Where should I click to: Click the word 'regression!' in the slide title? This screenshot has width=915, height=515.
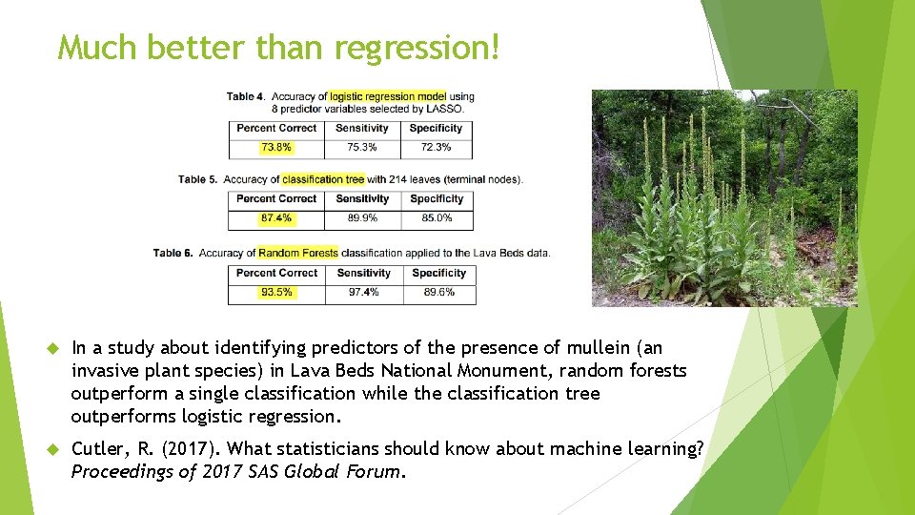coord(417,47)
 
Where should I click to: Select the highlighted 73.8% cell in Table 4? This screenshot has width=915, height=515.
coord(276,148)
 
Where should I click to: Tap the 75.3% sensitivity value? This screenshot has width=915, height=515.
coord(362,148)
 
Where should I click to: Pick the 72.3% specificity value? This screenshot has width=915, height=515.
coord(436,148)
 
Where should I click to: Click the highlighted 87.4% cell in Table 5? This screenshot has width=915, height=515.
coord(276,218)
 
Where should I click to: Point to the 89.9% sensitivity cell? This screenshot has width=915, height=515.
coord(362,218)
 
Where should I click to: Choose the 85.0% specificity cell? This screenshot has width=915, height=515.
coord(437,218)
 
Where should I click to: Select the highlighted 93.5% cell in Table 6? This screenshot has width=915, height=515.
coord(276,293)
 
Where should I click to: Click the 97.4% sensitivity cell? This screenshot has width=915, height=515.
coord(364,293)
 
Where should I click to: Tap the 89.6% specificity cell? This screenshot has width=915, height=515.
coord(439,293)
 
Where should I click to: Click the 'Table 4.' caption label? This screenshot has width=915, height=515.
coord(246,96)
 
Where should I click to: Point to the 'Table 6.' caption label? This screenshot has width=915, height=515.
coord(173,254)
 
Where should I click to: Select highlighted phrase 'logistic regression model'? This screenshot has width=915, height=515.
coord(387,96)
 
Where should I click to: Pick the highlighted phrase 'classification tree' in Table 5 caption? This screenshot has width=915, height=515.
coord(323,179)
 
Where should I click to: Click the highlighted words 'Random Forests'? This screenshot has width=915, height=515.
coord(298,254)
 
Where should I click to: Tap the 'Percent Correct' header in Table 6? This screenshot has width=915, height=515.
coord(276,273)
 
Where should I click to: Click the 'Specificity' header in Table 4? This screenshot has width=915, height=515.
coord(436,128)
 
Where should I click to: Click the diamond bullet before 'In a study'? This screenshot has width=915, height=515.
coord(52,348)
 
